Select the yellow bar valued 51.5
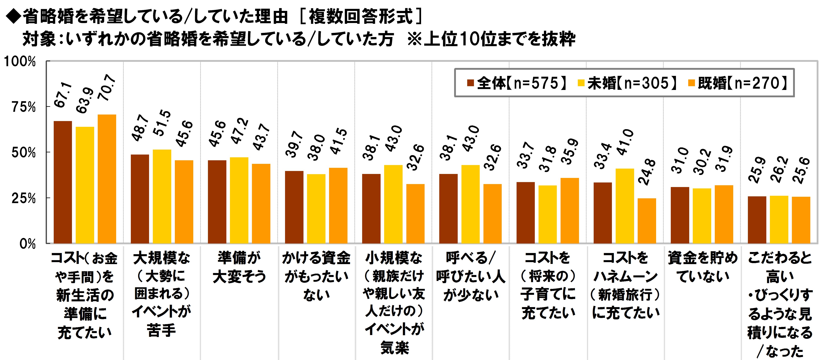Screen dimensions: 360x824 [x=162, y=196]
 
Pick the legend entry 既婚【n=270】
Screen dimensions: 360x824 [x=738, y=83]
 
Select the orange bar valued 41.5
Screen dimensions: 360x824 [x=338, y=206]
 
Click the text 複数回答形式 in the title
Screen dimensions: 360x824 [x=361, y=17]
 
